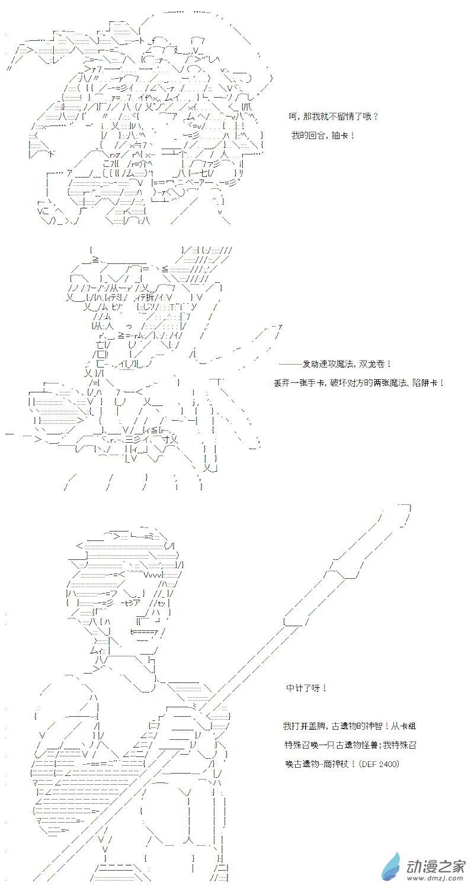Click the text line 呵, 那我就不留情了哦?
tap(334, 117)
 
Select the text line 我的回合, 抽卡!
tap(323, 136)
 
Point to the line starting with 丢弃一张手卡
tap(359, 383)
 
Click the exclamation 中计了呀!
tap(306, 688)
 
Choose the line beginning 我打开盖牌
tap(349, 726)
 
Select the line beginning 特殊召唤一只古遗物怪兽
tap(350, 745)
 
